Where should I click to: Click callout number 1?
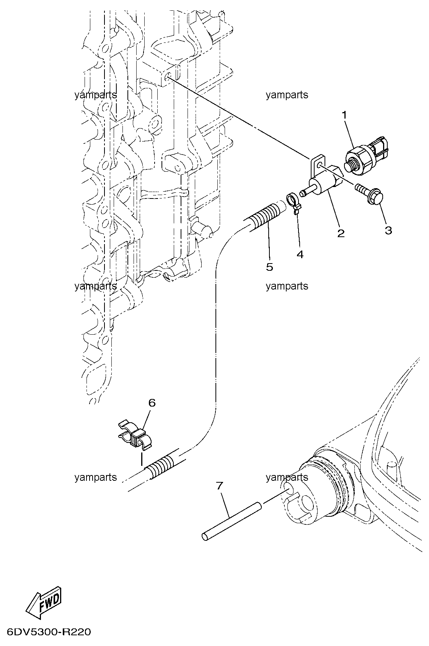(344, 116)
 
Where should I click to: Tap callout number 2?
(341, 233)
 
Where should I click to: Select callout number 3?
(388, 230)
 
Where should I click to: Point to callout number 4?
(300, 254)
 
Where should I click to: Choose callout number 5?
(269, 267)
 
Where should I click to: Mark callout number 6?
(152, 403)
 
